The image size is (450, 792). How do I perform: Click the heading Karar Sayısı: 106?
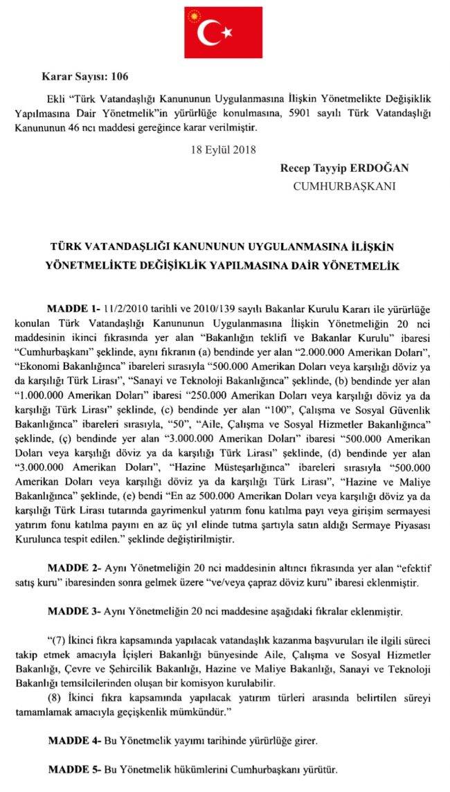85,76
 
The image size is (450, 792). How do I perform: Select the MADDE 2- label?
72,566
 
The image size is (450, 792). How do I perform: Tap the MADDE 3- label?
72,612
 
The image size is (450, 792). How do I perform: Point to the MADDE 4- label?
72,740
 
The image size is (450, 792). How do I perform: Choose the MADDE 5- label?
72,769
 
